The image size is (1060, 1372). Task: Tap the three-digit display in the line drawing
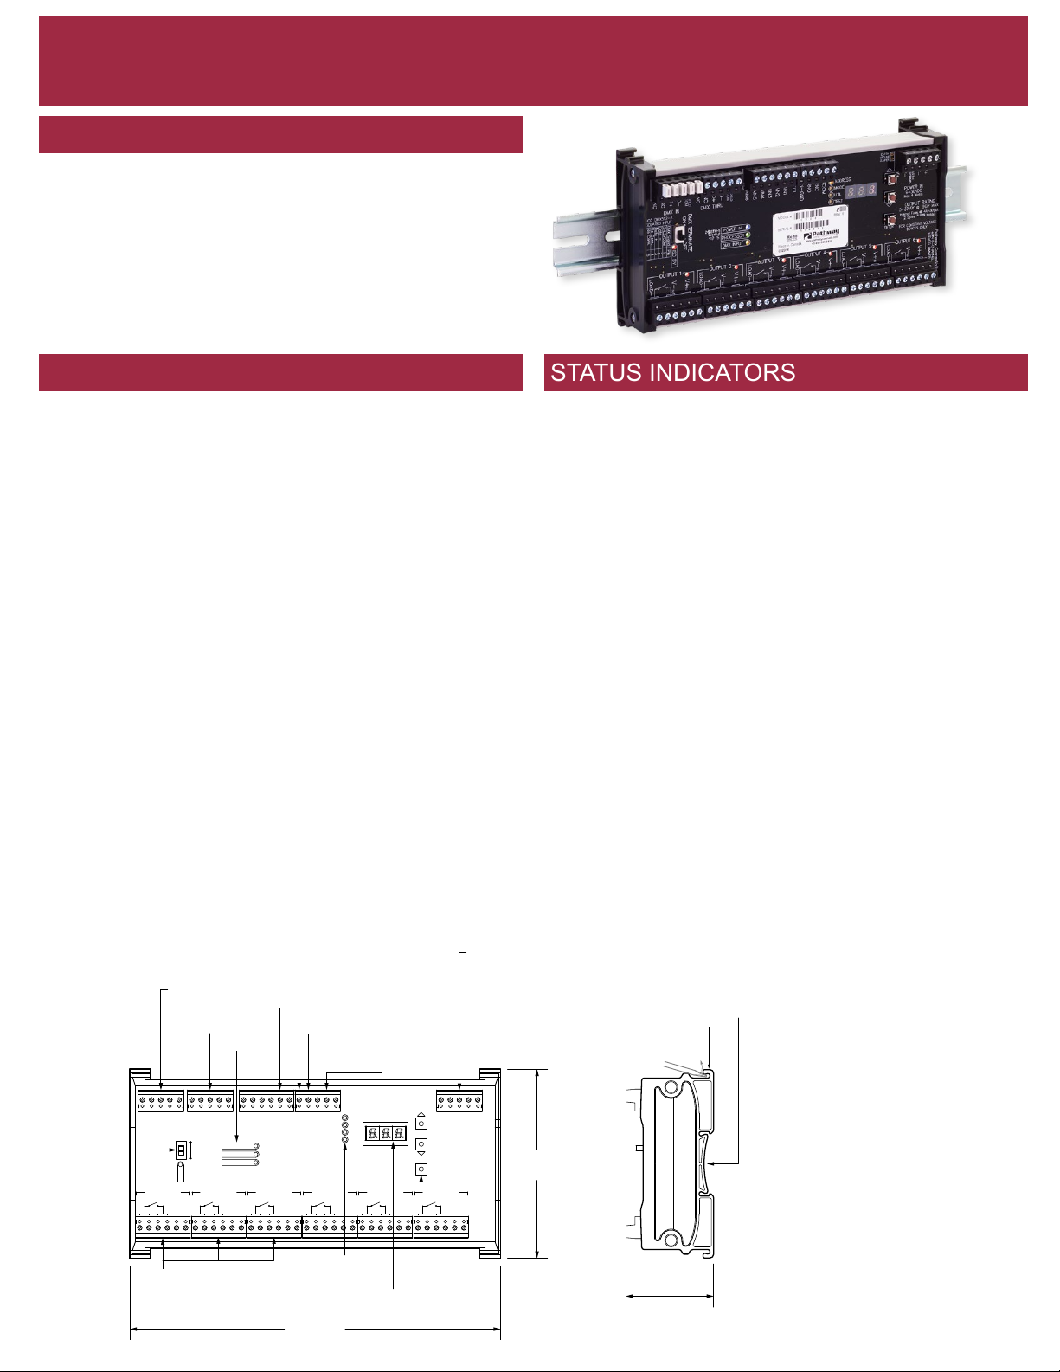point(385,1133)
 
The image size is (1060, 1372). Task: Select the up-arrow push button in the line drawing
point(421,1123)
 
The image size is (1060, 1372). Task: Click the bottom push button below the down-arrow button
point(421,1169)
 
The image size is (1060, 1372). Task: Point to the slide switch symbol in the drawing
point(181,1150)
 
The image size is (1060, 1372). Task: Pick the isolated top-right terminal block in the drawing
point(459,1102)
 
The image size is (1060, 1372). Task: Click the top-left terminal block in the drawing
point(161,1102)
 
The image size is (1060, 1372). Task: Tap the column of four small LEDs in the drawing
point(344,1129)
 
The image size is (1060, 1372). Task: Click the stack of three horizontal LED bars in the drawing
point(240,1154)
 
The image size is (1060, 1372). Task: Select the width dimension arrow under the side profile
point(669,1297)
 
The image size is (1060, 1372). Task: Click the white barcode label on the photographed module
point(806,231)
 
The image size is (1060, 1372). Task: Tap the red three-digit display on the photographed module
point(862,190)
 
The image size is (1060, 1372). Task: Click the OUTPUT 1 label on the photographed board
point(670,275)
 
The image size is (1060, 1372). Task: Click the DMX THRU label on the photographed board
point(712,207)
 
